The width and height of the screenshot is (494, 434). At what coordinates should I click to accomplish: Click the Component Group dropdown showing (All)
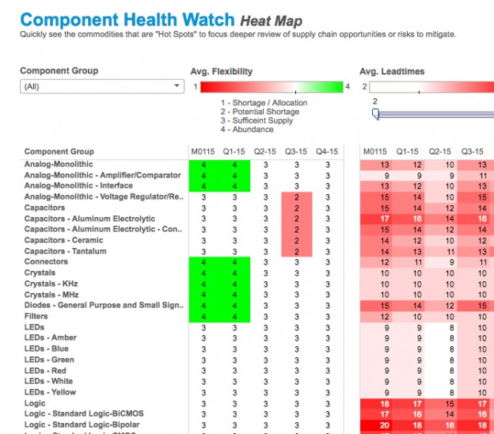click(101, 86)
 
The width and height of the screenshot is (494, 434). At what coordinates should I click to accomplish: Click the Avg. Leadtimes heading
click(392, 71)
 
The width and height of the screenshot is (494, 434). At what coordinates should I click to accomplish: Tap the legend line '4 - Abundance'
click(249, 129)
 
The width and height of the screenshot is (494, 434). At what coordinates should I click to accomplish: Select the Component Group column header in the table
click(59, 151)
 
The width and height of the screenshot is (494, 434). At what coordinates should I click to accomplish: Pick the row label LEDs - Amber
click(51, 337)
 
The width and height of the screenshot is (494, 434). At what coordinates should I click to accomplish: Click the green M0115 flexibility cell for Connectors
click(204, 262)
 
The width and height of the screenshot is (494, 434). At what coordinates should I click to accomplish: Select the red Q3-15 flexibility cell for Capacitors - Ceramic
click(296, 241)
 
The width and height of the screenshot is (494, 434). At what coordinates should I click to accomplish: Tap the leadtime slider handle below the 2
click(376, 115)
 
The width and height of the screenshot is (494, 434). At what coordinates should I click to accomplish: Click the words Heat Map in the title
click(271, 21)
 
